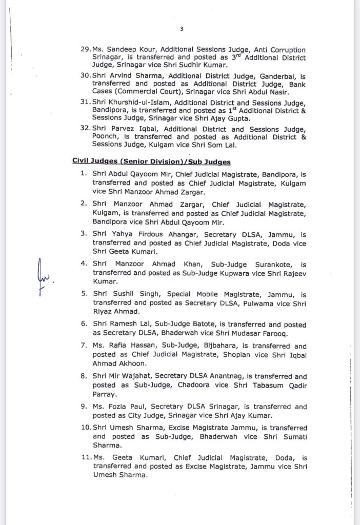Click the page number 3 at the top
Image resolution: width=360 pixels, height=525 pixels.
pyautogui.click(x=181, y=29)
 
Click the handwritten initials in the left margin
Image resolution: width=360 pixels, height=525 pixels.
pyautogui.click(x=46, y=276)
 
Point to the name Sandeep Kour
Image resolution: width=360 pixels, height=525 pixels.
pyautogui.click(x=125, y=49)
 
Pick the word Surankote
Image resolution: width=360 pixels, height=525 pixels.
pyautogui.click(x=268, y=265)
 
